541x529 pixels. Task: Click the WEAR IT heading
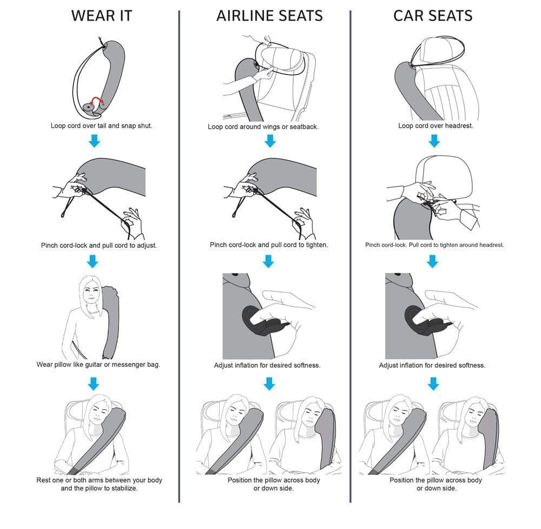click(x=102, y=16)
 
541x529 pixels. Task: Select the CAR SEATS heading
click(x=433, y=16)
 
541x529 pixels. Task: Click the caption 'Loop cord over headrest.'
click(x=435, y=126)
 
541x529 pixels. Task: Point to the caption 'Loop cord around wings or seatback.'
click(x=263, y=127)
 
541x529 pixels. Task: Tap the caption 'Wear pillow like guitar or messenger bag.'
click(x=98, y=365)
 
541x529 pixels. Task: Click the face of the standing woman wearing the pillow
click(x=91, y=295)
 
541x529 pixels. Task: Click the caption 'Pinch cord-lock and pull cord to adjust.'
click(x=98, y=245)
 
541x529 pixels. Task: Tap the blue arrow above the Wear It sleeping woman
click(x=94, y=383)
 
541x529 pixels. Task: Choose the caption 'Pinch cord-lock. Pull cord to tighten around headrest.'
click(x=434, y=245)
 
